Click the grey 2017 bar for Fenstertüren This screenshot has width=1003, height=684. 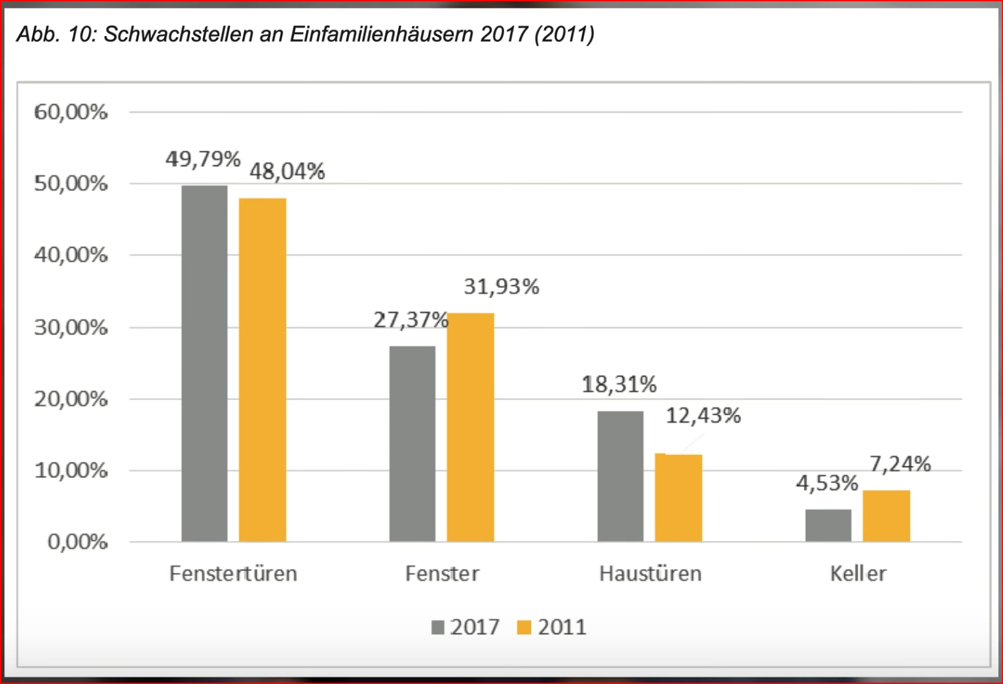pyautogui.click(x=204, y=363)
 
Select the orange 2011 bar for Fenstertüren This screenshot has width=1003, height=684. pyautogui.click(x=262, y=370)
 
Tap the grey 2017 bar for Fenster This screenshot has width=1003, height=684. pyautogui.click(x=412, y=443)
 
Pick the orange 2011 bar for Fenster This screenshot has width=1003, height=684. pyautogui.click(x=470, y=427)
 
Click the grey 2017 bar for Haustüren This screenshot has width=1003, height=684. pyautogui.click(x=620, y=476)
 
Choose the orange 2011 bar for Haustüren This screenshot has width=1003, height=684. pyautogui.click(x=678, y=497)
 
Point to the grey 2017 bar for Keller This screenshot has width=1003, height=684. pyautogui.click(x=828, y=525)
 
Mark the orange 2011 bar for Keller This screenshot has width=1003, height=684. pyautogui.click(x=886, y=516)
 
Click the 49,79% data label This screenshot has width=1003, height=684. pyautogui.click(x=203, y=159)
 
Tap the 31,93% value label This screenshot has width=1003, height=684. pyautogui.click(x=501, y=287)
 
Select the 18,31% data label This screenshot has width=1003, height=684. pyautogui.click(x=619, y=384)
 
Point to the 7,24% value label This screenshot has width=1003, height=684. pyautogui.click(x=900, y=464)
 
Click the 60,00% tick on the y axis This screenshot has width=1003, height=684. pyautogui.click(x=71, y=112)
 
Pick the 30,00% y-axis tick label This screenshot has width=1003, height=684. pyautogui.click(x=71, y=327)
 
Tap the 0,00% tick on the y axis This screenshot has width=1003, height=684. pyautogui.click(x=77, y=542)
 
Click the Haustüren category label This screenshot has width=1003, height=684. pyautogui.click(x=650, y=573)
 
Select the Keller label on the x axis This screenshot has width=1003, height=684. pyautogui.click(x=858, y=573)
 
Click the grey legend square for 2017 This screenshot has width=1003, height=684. pyautogui.click(x=438, y=627)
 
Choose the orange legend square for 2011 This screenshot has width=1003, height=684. pyautogui.click(x=524, y=627)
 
